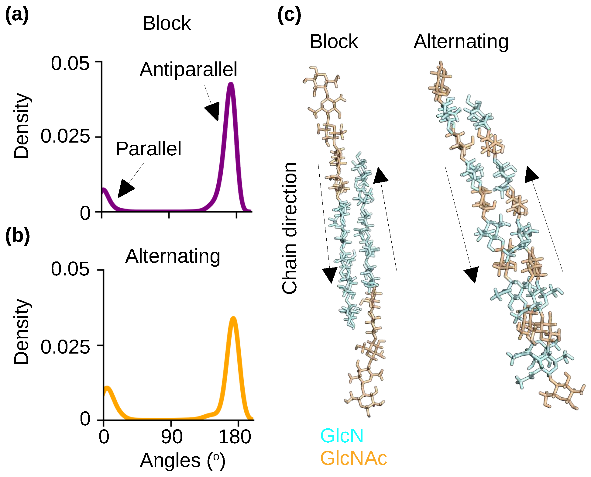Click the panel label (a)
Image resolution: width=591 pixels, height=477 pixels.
click(17, 15)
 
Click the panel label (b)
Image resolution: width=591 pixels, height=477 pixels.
click(17, 236)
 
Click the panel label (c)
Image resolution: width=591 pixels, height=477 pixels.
click(289, 15)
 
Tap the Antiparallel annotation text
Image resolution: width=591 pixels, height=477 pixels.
click(188, 70)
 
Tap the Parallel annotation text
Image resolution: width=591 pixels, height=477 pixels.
click(149, 149)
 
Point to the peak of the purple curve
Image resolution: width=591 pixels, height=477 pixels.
click(231, 85)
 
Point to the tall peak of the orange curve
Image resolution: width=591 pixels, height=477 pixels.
click(233, 319)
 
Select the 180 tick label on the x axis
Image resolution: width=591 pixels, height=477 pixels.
click(235, 437)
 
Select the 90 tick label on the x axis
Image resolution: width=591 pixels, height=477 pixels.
click(172, 437)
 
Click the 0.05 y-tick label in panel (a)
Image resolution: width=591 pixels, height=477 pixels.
click(70, 64)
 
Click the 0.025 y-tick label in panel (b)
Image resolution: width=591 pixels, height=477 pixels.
click(65, 347)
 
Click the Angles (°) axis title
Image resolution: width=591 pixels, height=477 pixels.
click(183, 461)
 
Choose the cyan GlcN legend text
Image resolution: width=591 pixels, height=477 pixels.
click(342, 436)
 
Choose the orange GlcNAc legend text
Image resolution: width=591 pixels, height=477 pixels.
click(354, 458)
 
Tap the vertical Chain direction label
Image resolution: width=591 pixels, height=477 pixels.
click(289, 228)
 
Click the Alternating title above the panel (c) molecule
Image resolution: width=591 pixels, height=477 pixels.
click(461, 42)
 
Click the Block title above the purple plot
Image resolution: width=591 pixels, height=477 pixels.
click(167, 23)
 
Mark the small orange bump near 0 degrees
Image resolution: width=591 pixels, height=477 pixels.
click(107, 388)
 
